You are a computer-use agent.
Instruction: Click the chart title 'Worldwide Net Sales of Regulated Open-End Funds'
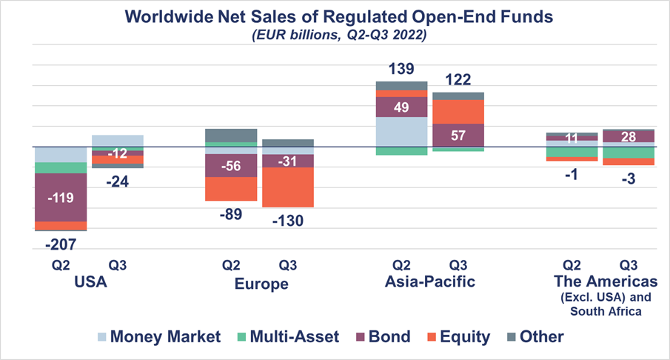coord(335,16)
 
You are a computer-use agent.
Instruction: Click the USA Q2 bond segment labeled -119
coord(61,198)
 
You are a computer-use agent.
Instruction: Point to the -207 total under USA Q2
coord(61,243)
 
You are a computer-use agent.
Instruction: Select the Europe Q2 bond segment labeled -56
coord(231,166)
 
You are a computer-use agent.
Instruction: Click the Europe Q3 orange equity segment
coord(287,187)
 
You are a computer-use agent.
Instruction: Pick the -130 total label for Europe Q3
coord(288,220)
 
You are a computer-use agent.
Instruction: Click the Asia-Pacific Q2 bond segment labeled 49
coord(401,107)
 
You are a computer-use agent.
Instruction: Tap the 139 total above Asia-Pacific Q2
coord(401,70)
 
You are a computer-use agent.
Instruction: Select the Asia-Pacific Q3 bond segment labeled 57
coord(458,135)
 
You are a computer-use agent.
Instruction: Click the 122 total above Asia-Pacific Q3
coord(458,80)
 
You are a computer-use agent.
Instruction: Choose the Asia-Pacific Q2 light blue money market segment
coord(401,132)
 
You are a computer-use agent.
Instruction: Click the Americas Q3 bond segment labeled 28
coord(628,136)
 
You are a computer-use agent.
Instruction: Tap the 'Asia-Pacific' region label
coord(429,282)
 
